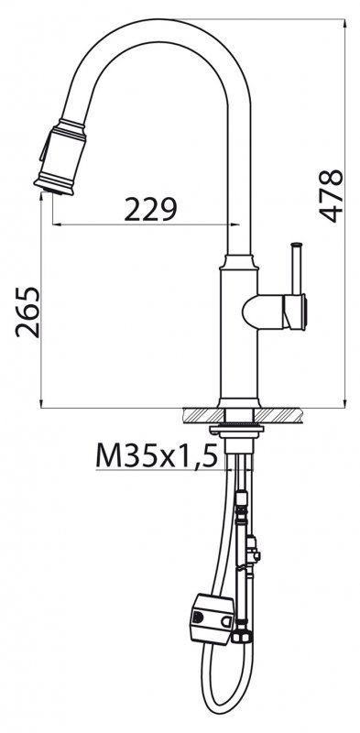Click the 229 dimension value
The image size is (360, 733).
point(149,211)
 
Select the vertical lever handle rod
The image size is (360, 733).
point(296,270)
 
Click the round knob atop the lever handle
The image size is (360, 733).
point(296,245)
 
